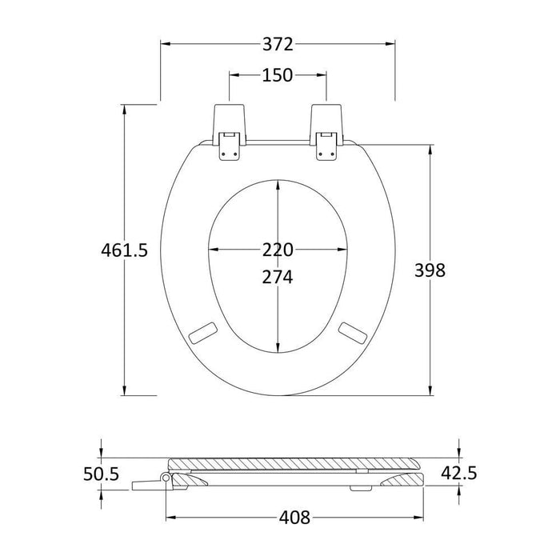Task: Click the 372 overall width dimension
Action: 278,43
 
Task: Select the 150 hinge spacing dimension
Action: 278,76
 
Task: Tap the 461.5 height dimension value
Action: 125,250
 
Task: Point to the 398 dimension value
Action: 430,270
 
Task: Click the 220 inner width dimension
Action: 278,250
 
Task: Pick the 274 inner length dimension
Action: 278,277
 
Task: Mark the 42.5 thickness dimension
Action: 459,474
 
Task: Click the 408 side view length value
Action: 294,518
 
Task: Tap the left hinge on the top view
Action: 229,133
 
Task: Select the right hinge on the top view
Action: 327,133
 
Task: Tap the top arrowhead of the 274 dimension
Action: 278,184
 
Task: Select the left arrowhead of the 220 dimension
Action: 213,250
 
